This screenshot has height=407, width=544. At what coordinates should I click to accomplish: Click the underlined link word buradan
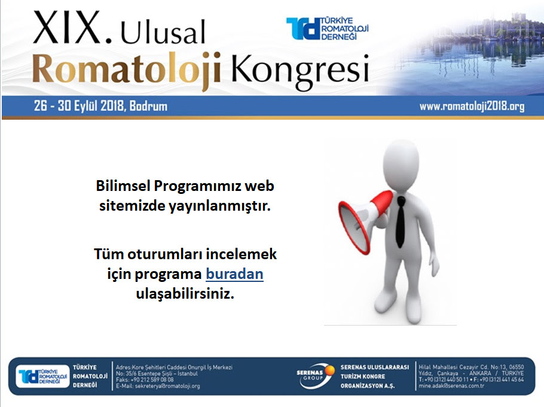coord(234,274)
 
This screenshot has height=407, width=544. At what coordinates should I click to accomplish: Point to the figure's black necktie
coord(401,221)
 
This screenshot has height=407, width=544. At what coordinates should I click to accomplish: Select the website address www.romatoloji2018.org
coord(472,106)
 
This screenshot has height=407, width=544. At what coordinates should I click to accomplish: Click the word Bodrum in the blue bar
coord(148,106)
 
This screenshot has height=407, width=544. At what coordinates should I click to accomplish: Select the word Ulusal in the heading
coord(163,32)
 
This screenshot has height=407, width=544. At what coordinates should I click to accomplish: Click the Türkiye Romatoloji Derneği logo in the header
coord(327,29)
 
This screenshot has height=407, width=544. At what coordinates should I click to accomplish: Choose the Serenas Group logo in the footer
coord(315,376)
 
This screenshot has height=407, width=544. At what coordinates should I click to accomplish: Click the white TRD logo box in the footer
coord(42,376)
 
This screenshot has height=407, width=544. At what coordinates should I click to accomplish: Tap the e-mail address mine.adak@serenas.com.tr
coord(451,386)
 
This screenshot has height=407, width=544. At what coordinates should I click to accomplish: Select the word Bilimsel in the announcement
coord(123,186)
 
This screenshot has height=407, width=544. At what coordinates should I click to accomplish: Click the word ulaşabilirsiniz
coord(185,294)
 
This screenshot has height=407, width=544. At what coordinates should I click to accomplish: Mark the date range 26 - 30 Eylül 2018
coord(79,106)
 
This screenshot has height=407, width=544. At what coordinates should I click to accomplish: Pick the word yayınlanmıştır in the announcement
coord(219,206)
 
